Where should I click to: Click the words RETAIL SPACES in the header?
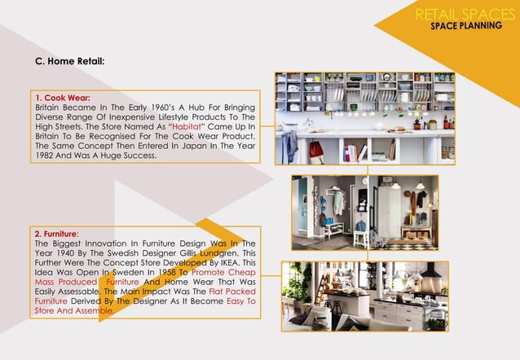465,14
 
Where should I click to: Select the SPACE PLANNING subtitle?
466,26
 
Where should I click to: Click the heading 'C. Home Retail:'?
69,61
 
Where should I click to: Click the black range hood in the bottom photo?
430,271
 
